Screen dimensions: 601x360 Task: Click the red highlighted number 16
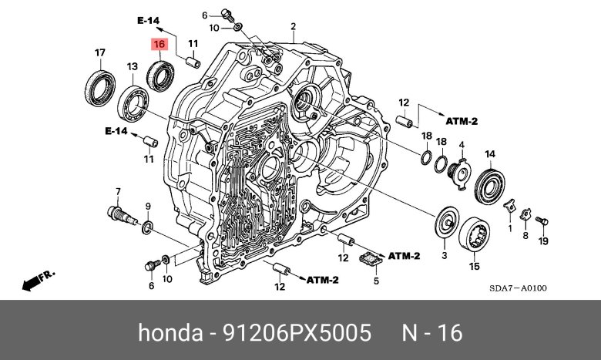coord(159,45)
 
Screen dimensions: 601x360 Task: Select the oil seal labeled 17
coord(100,88)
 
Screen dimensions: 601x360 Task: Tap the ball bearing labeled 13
coord(133,104)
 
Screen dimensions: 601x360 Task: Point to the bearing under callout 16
coord(160,76)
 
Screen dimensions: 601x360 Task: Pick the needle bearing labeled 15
coord(475,234)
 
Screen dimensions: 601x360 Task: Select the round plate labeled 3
coord(447,222)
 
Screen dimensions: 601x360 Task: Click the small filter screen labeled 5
coord(371,259)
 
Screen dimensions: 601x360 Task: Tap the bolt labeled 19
coord(542,220)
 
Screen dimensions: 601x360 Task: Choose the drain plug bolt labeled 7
coord(123,215)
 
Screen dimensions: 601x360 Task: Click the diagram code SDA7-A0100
coord(518,288)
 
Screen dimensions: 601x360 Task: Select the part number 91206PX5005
coord(297,332)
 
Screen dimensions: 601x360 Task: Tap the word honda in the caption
coord(170,332)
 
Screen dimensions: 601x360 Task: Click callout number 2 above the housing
coord(294,26)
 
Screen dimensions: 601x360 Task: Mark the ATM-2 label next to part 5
coord(404,256)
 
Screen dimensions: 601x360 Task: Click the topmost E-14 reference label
coord(149,20)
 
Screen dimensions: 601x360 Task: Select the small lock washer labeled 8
coord(525,215)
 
